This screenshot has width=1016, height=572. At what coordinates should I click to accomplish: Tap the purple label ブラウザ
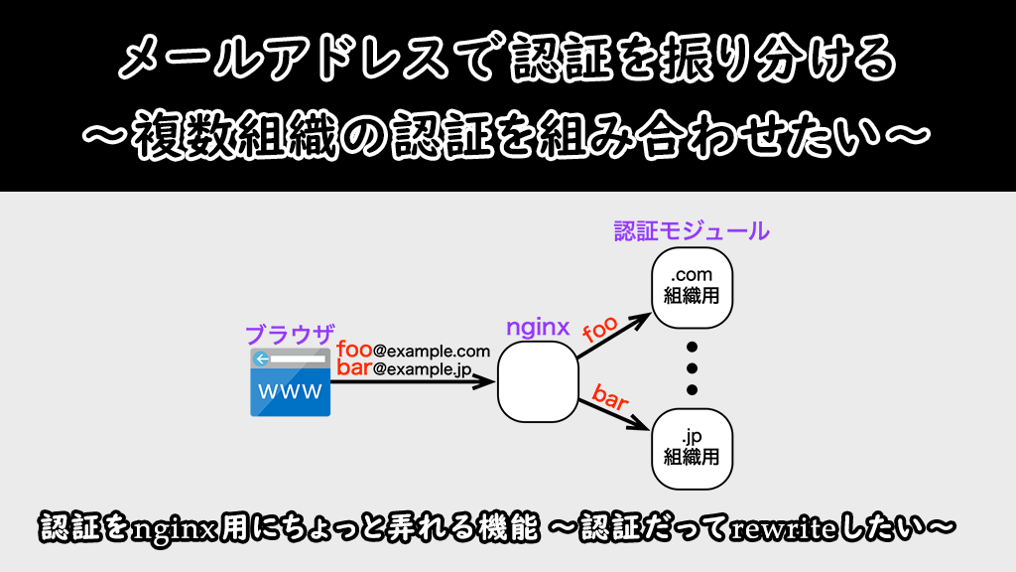pos(290,333)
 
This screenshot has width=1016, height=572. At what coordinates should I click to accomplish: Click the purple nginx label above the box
pos(538,327)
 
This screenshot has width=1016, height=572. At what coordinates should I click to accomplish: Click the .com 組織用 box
pos(692,285)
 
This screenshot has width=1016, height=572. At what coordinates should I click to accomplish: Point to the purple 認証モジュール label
pos(691,231)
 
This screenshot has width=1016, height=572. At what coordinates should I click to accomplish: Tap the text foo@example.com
pos(413,351)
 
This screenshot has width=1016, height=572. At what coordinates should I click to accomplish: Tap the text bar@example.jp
pos(403,368)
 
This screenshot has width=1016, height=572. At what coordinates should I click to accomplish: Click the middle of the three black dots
pos(693,367)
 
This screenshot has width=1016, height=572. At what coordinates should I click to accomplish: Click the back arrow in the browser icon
pos(261,358)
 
